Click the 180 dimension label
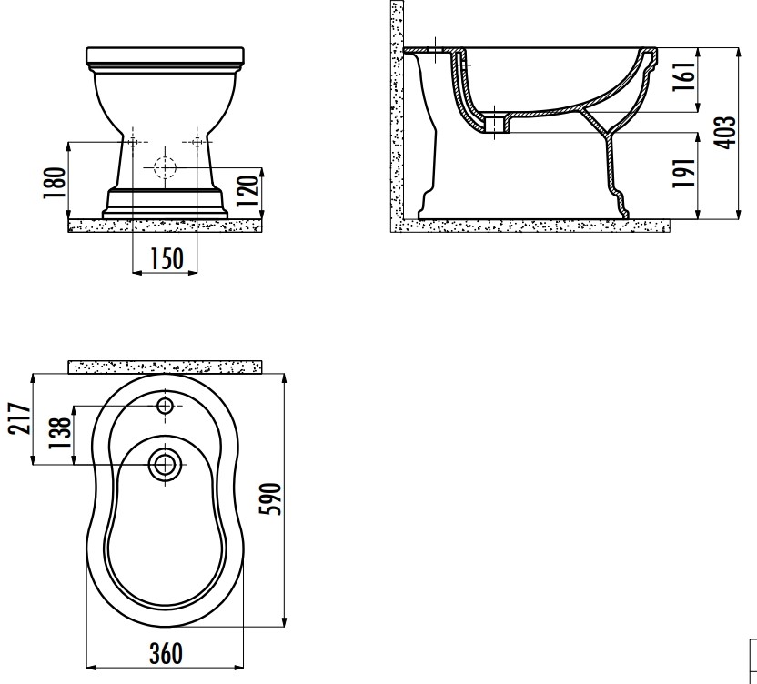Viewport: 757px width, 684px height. click(54, 183)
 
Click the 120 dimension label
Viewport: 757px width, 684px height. click(248, 192)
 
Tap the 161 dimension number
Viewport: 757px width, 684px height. click(684, 75)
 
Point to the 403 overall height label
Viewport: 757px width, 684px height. click(724, 132)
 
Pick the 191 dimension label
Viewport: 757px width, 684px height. click(684, 172)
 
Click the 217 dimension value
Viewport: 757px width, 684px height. click(20, 418)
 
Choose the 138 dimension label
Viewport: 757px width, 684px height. click(60, 433)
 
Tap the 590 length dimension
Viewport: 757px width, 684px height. click(270, 498)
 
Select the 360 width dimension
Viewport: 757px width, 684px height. click(167, 654)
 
